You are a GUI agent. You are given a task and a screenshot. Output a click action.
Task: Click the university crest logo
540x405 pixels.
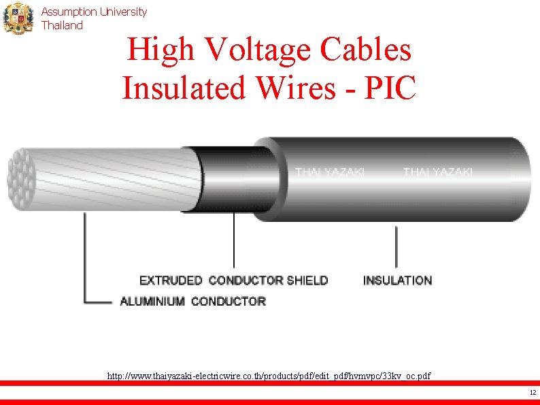click(18, 18)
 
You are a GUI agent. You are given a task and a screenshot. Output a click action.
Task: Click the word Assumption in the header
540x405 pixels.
click(69, 12)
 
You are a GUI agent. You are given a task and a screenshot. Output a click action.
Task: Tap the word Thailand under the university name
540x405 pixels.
click(62, 25)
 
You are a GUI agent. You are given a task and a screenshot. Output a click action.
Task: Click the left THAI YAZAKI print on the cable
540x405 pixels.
click(330, 172)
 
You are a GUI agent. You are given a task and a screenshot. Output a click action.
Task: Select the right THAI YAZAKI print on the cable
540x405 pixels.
click(437, 172)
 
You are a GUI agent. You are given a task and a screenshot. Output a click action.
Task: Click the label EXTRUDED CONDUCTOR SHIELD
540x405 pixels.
click(233, 280)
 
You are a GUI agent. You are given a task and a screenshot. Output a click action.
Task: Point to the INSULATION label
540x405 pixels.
click(397, 280)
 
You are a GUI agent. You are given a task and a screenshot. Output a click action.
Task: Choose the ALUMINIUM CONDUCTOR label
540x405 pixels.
click(192, 301)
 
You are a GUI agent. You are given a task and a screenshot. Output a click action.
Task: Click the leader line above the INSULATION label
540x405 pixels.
click(396, 246)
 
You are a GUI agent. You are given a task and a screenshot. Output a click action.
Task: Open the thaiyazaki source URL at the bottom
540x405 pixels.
click(269, 375)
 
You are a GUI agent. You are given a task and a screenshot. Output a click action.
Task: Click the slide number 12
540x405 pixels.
click(532, 393)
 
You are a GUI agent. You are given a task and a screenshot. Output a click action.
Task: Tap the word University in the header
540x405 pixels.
click(123, 12)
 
